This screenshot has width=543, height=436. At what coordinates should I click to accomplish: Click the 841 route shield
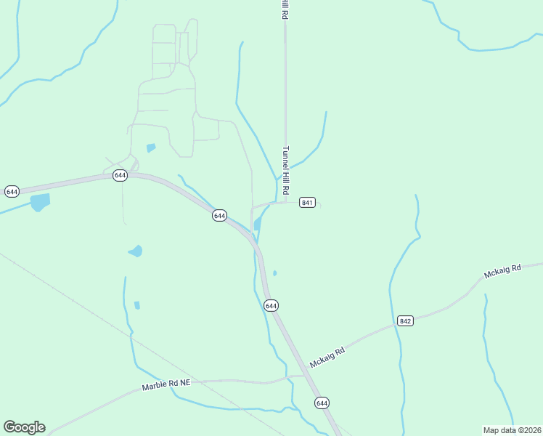[307, 202]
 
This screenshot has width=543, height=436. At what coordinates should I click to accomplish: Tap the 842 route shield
[405, 320]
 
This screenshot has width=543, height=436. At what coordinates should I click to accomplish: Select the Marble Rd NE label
[166, 383]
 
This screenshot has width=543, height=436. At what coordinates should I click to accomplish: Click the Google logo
[24, 427]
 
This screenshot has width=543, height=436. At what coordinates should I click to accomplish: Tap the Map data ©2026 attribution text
[512, 429]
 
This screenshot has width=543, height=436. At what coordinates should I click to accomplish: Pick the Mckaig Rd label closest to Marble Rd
[326, 356]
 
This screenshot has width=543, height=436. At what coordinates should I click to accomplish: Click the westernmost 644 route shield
[12, 191]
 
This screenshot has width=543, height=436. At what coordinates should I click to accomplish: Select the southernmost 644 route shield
[322, 402]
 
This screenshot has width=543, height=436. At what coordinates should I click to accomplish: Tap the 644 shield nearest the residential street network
[120, 175]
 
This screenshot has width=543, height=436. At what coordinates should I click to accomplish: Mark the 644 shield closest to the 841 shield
[219, 216]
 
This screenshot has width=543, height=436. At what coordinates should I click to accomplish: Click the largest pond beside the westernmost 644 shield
[40, 201]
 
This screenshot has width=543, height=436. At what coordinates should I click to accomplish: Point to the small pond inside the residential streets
[151, 148]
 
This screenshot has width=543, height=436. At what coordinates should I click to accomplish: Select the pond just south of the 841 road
[257, 224]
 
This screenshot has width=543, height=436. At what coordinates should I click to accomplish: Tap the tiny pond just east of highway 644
[274, 273]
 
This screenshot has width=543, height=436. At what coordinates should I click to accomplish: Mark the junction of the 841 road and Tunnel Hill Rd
[285, 202]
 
